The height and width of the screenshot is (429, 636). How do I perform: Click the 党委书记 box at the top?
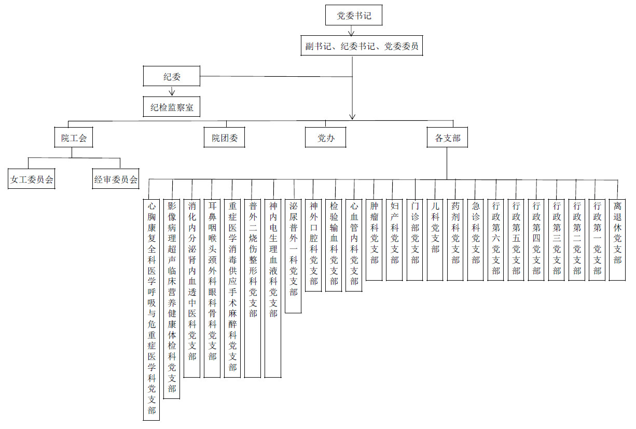(x=354, y=15)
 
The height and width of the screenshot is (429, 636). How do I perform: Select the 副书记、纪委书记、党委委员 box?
(x=362, y=46)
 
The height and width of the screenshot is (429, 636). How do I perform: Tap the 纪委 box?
(x=172, y=76)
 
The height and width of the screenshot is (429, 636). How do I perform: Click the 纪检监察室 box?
(x=172, y=107)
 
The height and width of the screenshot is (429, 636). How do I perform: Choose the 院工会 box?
(x=74, y=137)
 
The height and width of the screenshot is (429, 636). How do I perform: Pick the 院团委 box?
(x=224, y=137)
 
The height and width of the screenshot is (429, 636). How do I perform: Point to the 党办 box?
(x=326, y=137)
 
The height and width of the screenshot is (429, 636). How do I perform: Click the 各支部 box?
(x=447, y=137)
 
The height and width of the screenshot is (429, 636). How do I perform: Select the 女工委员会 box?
(x=32, y=179)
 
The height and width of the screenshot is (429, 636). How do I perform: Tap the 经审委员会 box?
(x=116, y=179)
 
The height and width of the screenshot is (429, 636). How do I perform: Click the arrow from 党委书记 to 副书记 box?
(x=352, y=31)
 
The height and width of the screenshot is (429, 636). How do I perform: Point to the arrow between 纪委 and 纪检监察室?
(x=172, y=91)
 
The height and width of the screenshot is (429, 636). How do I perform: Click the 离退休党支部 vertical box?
(x=617, y=240)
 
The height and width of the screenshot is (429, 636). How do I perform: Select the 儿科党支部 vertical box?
(x=435, y=240)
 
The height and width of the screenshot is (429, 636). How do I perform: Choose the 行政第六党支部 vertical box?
(x=496, y=240)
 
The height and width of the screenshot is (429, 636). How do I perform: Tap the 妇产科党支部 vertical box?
(x=394, y=240)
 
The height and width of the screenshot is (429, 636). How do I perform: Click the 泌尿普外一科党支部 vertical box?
(x=293, y=256)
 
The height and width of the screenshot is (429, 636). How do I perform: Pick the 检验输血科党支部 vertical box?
(x=334, y=245)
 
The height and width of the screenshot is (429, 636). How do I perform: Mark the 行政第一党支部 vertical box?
(x=597, y=240)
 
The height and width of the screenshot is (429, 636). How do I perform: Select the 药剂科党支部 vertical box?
(x=455, y=240)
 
